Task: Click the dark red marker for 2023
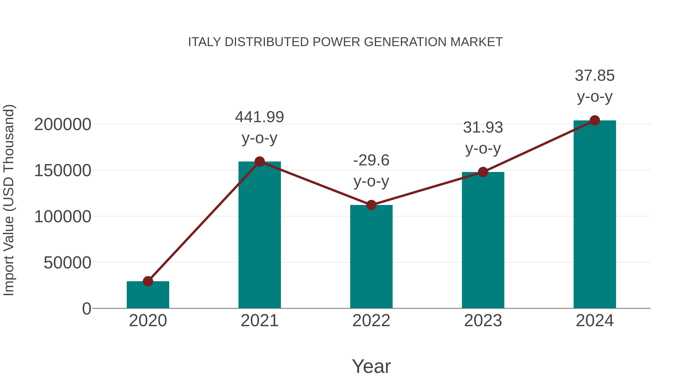483,172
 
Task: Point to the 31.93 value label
483,128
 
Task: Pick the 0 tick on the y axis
86,309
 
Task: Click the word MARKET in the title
476,42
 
